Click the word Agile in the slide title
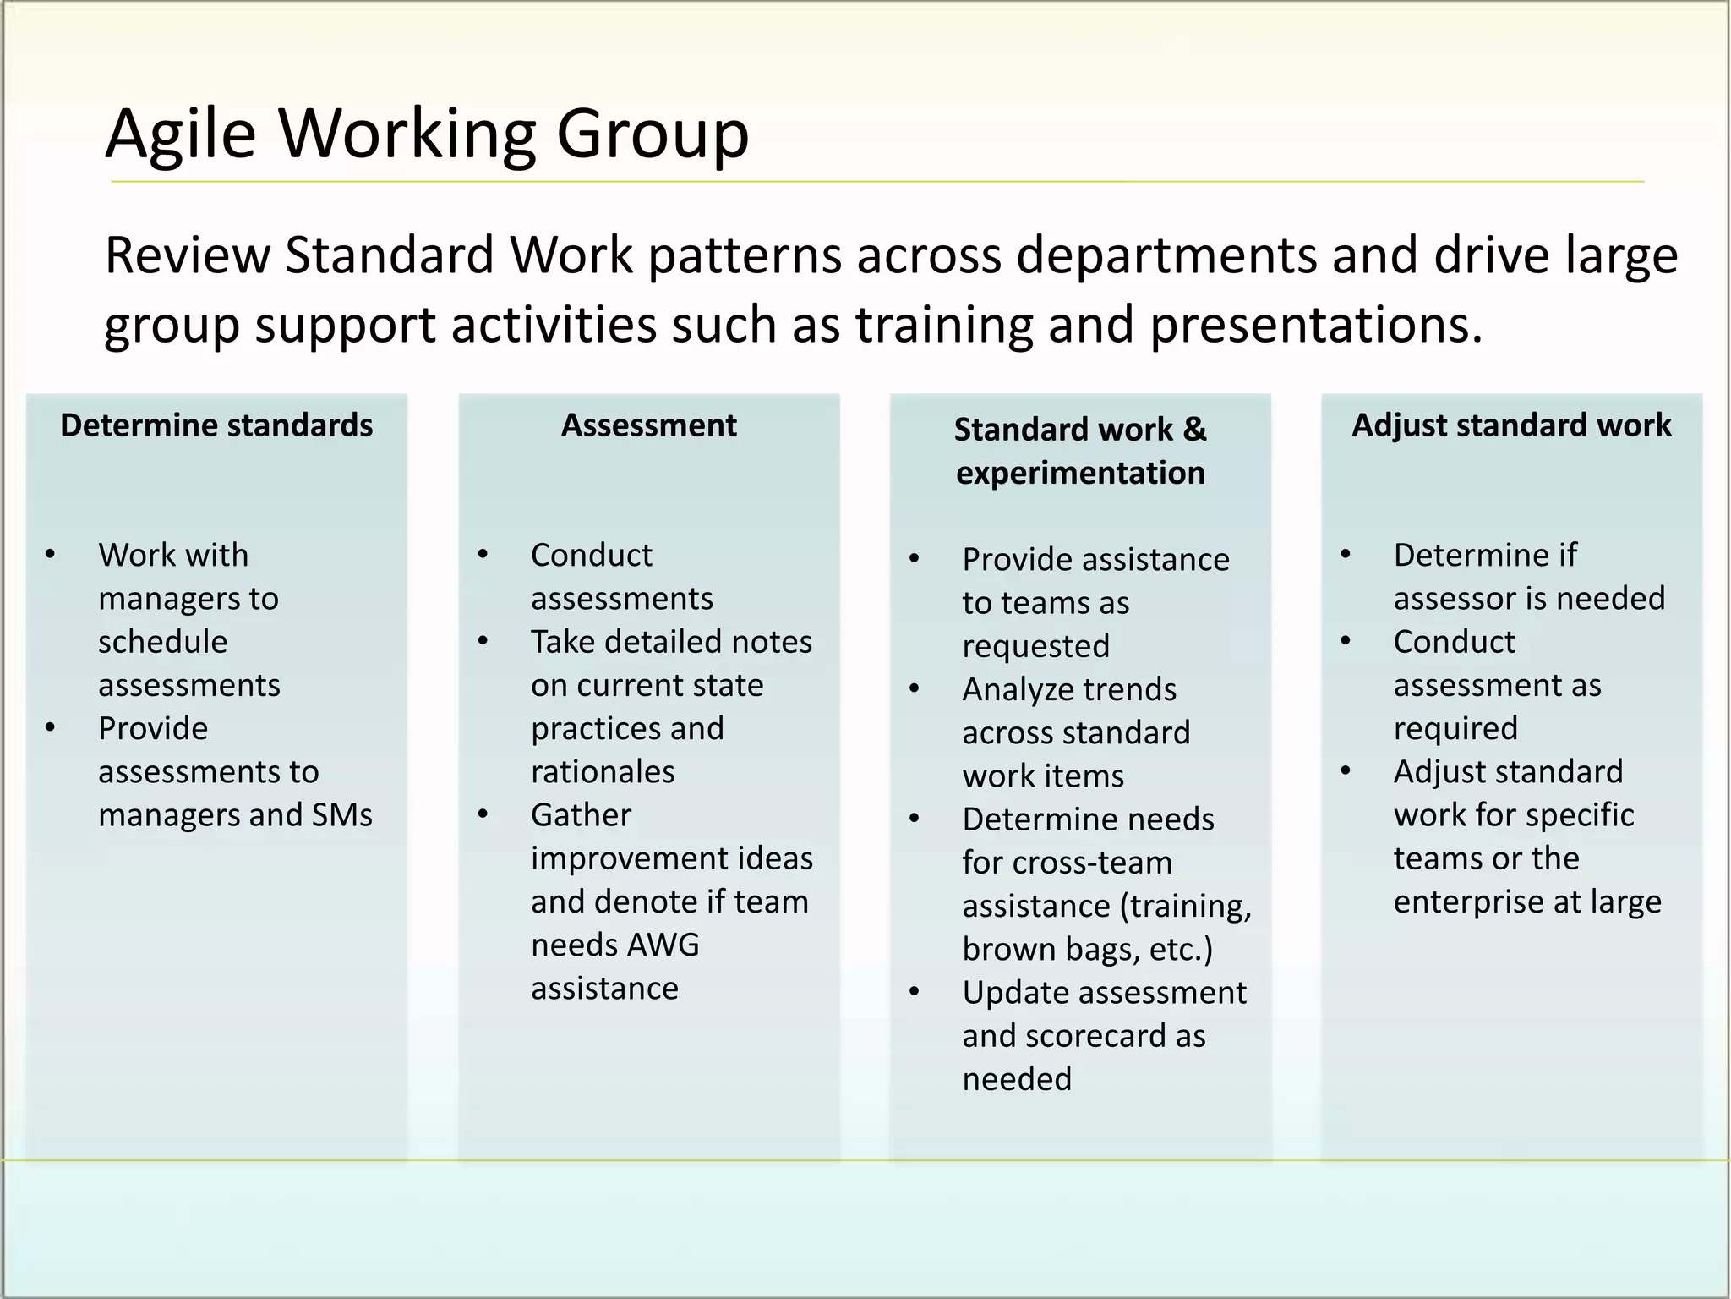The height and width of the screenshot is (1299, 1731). (x=180, y=134)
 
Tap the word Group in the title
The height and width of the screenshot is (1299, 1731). (x=653, y=134)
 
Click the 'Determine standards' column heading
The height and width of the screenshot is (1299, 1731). (x=216, y=425)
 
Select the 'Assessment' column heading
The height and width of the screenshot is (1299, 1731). (x=648, y=425)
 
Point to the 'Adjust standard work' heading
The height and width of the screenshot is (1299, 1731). (x=1511, y=425)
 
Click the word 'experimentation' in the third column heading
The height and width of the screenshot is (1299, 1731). (x=1080, y=473)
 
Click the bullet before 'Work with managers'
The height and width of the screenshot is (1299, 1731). (x=51, y=555)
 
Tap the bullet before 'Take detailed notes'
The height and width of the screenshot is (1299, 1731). (x=483, y=641)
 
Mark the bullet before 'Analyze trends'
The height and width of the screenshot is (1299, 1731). (x=915, y=688)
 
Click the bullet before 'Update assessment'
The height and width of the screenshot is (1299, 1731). (x=915, y=992)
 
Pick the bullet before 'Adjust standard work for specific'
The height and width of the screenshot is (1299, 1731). (x=1346, y=770)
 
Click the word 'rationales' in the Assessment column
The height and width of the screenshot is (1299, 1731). (x=603, y=772)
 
